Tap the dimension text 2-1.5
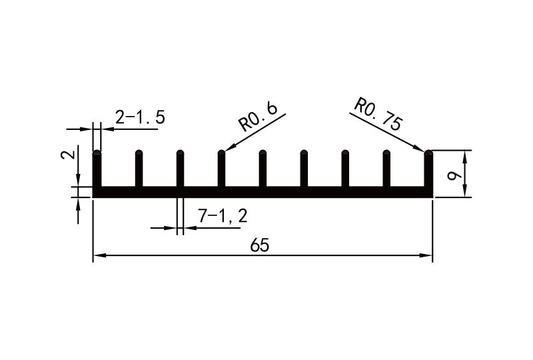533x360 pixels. point(140,118)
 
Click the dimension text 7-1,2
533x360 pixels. point(223,216)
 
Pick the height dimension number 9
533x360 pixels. point(454,175)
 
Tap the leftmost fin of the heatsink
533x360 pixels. point(97,170)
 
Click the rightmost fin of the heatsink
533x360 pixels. point(428,170)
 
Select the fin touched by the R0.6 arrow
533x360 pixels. point(221,170)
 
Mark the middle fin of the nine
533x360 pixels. point(263,170)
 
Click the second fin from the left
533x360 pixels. point(139,170)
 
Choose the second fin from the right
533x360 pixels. point(387,170)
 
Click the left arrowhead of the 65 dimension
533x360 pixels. point(97,255)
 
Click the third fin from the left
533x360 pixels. point(180,170)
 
